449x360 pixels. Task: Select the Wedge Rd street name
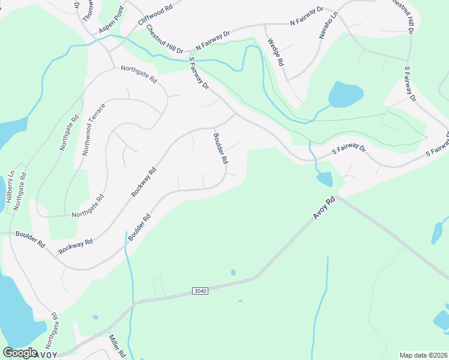click(275, 52)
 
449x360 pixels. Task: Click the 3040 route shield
click(201, 291)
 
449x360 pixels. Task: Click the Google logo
click(20, 353)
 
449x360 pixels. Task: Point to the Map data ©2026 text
click(423, 355)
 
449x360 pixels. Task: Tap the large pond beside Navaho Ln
click(346, 94)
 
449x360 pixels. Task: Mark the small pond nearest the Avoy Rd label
click(324, 178)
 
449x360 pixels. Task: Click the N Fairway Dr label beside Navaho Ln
click(306, 16)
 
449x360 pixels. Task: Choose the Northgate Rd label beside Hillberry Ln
click(20, 191)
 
